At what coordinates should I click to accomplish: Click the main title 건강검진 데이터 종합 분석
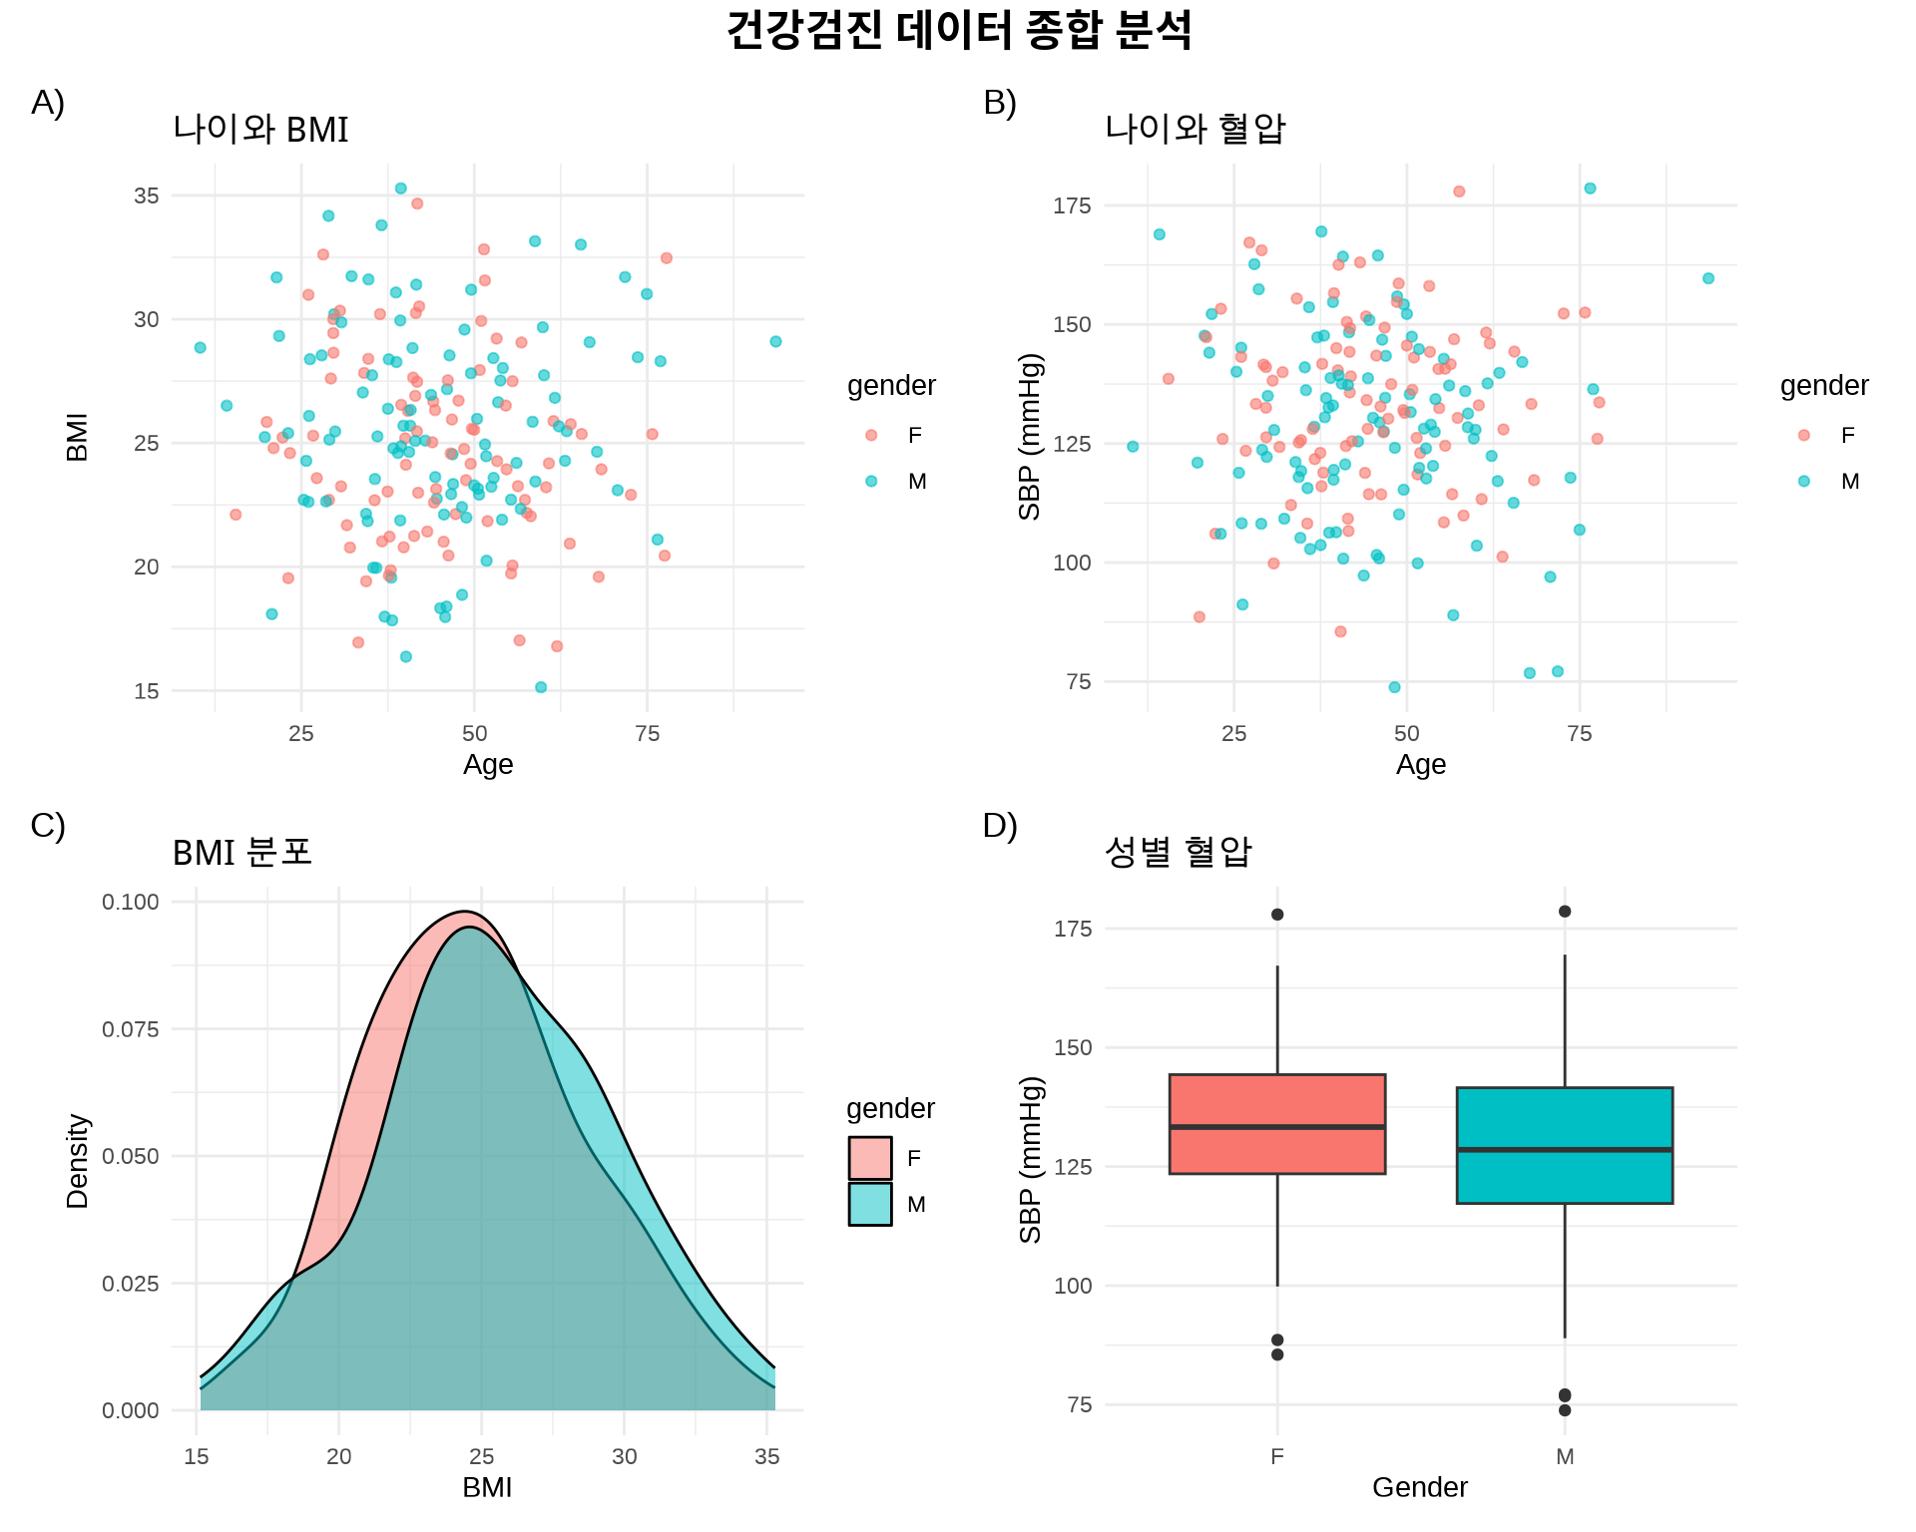tap(958, 30)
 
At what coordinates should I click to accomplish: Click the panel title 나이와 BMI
tap(260, 130)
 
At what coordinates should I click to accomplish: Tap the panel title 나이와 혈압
tap(1195, 129)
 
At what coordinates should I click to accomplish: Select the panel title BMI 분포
tap(242, 853)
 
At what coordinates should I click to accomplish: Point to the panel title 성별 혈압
tap(1178, 852)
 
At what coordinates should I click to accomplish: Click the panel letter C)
tap(48, 826)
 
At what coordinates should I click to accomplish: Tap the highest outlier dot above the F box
tap(1277, 915)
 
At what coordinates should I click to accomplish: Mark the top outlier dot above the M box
tap(1565, 912)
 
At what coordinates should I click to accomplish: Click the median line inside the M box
tap(1564, 1149)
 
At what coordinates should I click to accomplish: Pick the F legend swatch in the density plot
tap(870, 1158)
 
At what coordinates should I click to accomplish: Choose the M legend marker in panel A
tap(871, 482)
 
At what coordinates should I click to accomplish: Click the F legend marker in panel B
tap(1803, 435)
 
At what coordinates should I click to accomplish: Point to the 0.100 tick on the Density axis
tap(131, 902)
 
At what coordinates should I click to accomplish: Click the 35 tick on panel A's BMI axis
tap(146, 195)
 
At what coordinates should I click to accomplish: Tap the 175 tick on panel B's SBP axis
tap(1072, 205)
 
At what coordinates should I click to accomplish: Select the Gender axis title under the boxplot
tap(1419, 1487)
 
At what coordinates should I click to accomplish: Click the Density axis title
tap(78, 1161)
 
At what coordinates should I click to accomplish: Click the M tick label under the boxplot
tap(1565, 1456)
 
